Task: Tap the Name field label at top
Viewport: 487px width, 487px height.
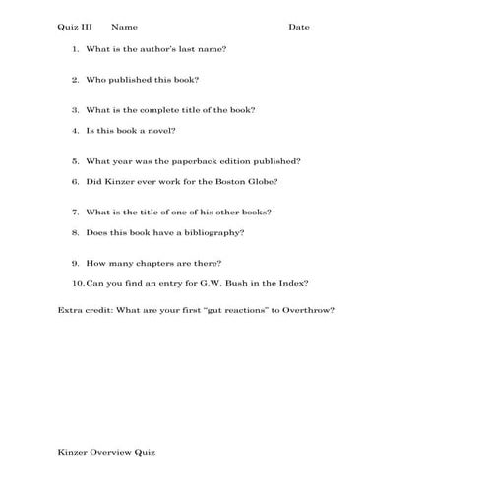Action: (x=125, y=27)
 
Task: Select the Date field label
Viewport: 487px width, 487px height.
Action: (x=299, y=27)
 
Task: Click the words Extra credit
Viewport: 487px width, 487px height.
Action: (x=85, y=310)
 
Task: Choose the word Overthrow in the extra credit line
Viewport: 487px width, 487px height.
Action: (x=308, y=310)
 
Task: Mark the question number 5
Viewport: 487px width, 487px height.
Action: (x=76, y=160)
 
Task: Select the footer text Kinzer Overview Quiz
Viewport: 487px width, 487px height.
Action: (x=106, y=452)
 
